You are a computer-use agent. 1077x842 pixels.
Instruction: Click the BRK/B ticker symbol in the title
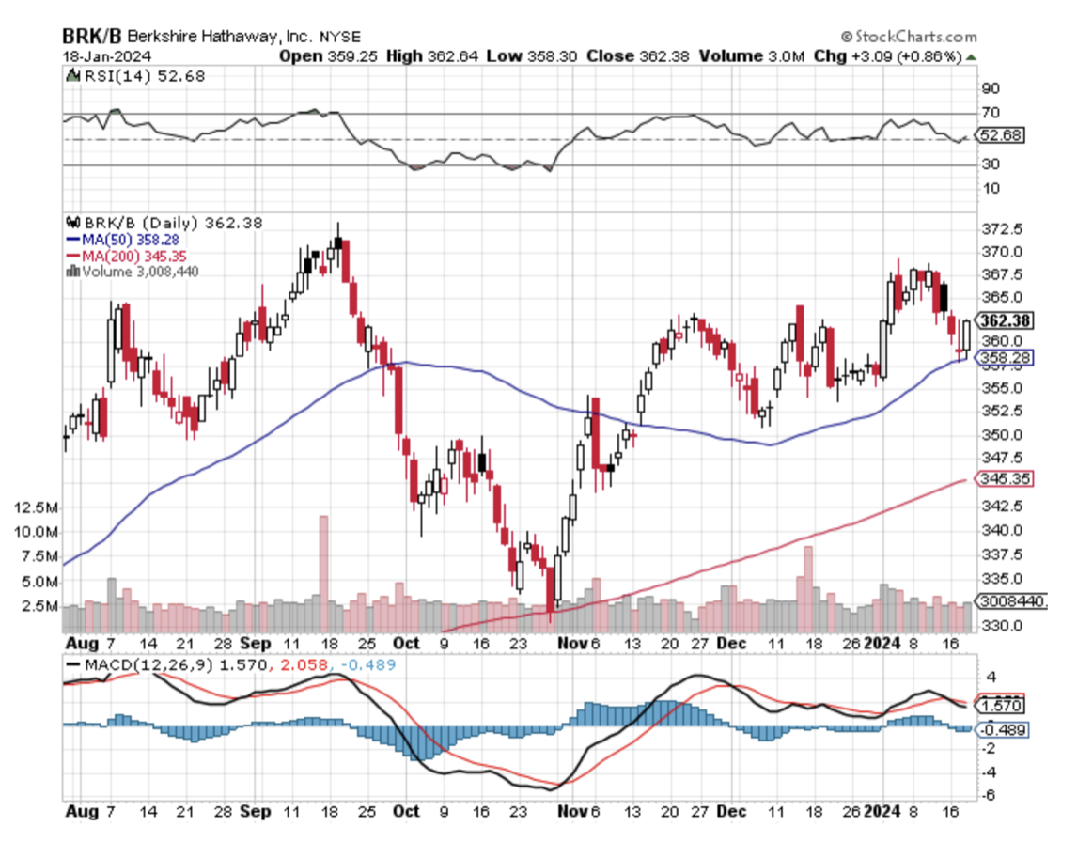[x=91, y=37]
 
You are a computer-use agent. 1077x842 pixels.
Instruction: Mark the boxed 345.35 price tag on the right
[x=1005, y=478]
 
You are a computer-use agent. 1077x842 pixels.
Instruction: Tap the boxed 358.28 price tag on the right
[x=1005, y=357]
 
